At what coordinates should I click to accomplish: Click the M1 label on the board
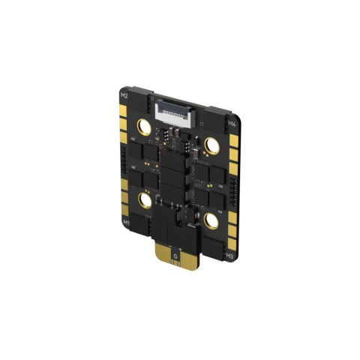coord(126,223)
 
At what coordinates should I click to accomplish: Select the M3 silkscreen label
coord(231,256)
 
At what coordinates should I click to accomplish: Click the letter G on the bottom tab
coord(175,256)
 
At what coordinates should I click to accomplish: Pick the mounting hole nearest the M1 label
coord(142,199)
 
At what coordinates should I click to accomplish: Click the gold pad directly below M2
coord(121,112)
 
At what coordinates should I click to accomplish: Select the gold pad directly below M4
coord(233,139)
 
